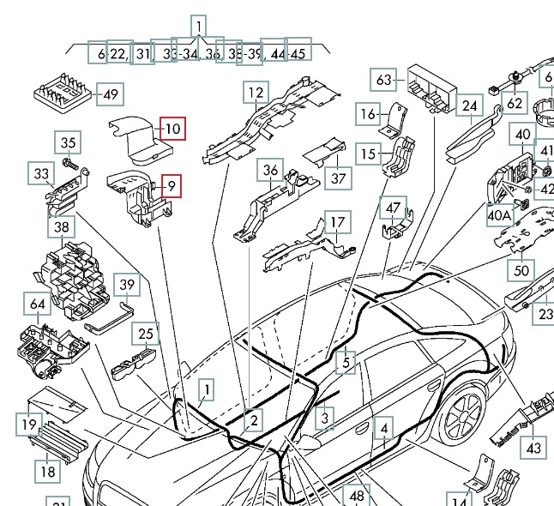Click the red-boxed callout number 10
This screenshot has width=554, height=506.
[x=172, y=130]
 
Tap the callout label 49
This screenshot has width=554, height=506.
[x=111, y=94]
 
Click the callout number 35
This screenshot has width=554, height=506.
[x=69, y=143]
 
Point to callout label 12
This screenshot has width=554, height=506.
[x=256, y=93]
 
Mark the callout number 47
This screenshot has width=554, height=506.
[x=393, y=208]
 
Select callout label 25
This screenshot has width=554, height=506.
[x=147, y=334]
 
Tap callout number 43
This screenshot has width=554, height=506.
[x=533, y=448]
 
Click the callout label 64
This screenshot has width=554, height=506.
[x=38, y=304]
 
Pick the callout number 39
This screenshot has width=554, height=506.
[x=127, y=285]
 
